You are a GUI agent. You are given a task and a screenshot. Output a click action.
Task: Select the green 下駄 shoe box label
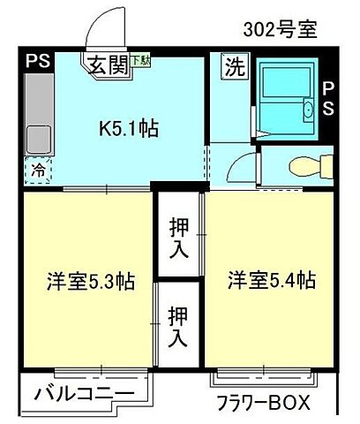click(140, 61)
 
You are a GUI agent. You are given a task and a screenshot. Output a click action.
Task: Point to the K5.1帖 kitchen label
click(128, 129)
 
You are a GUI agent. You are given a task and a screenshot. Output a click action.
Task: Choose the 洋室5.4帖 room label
click(272, 282)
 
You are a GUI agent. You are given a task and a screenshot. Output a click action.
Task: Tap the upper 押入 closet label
click(179, 237)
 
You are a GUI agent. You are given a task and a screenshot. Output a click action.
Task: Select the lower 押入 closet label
click(177, 326)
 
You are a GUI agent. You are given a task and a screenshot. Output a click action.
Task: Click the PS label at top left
click(37, 62)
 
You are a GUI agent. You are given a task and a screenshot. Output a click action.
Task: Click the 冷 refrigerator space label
click(38, 171)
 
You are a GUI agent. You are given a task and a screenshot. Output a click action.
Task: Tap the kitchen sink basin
click(38, 139)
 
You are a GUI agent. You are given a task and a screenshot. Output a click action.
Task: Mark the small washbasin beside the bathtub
click(307, 112)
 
